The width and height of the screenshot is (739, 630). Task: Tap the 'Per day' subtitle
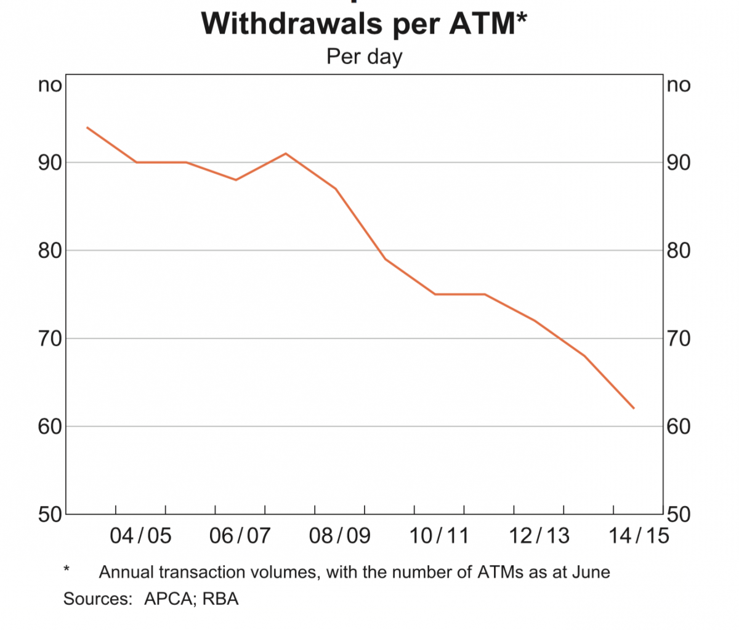[x=364, y=57]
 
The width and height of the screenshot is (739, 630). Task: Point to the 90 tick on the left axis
[x=50, y=163]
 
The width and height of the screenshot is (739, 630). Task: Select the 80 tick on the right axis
[x=679, y=251]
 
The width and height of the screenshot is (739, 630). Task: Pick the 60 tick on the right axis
[x=679, y=427]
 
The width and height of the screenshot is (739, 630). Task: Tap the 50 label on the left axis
[x=50, y=515]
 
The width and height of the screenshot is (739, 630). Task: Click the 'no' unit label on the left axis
[x=50, y=85]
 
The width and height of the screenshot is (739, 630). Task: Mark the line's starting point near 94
[x=87, y=127]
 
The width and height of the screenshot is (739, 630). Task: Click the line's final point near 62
[x=634, y=408]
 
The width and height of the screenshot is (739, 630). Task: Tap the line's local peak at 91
[x=286, y=153]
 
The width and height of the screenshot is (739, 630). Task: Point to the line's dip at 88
[x=236, y=180]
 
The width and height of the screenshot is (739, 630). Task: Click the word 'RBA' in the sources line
[x=220, y=599]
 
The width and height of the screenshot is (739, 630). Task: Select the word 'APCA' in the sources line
[x=168, y=599]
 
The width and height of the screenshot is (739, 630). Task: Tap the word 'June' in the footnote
[x=591, y=572]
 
